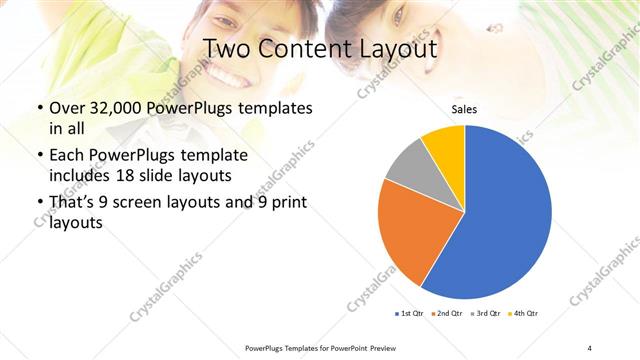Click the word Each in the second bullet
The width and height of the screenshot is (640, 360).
[67, 155]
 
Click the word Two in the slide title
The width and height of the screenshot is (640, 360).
[228, 48]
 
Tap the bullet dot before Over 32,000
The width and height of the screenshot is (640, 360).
[38, 108]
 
